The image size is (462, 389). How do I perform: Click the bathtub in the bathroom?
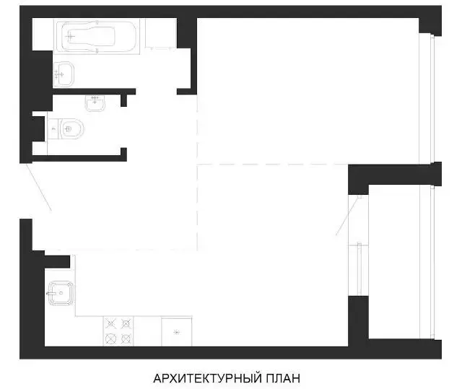point(96,36)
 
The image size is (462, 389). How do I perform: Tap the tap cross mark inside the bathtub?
point(70,37)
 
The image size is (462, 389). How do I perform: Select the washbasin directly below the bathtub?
point(64,74)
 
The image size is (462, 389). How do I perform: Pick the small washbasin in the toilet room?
point(95,103)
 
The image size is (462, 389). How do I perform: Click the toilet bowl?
point(71,128)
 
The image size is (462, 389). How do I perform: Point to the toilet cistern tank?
point(53,128)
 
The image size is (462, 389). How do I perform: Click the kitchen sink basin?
point(61,293)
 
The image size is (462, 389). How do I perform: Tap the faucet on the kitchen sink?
point(51,293)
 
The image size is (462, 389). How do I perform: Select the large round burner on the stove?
point(110,338)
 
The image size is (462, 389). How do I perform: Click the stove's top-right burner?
point(126,324)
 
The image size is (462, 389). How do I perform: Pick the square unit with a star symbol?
point(176,332)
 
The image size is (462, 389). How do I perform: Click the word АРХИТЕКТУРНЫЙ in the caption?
point(208,377)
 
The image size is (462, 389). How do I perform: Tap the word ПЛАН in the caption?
point(284,377)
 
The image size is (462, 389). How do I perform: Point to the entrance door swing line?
point(38,187)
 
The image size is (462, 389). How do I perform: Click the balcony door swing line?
point(349,216)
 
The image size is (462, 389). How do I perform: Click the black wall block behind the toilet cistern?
point(38,128)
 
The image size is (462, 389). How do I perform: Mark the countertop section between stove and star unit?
point(147,331)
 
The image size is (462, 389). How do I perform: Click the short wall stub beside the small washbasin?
point(123,100)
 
